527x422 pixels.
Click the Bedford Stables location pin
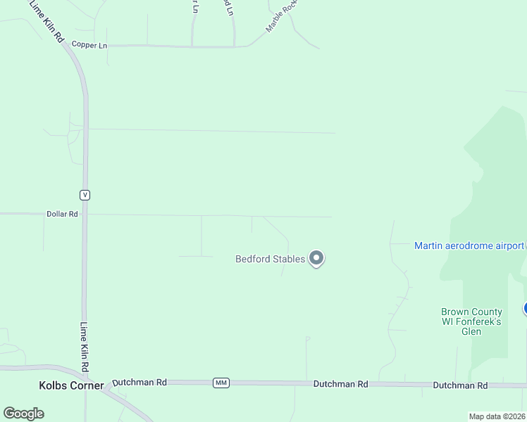(317, 259)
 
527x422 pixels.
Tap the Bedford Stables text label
(270, 259)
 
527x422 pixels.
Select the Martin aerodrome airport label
(469, 245)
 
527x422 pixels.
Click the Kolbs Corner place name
(70, 385)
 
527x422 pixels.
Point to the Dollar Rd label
(62, 214)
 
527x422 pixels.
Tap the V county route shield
(85, 195)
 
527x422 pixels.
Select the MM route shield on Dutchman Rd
(221, 383)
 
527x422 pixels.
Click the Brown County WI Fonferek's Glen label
(471, 321)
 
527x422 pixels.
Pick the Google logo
(23, 414)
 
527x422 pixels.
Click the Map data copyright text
(497, 416)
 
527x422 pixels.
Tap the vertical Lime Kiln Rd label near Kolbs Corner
(84, 347)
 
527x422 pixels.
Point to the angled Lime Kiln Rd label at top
(46, 21)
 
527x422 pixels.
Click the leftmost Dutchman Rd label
(139, 383)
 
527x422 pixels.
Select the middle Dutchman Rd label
(341, 384)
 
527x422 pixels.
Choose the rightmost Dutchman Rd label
(460, 385)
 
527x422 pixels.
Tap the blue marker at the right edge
(525, 308)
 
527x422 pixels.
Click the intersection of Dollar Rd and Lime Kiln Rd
(85, 214)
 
